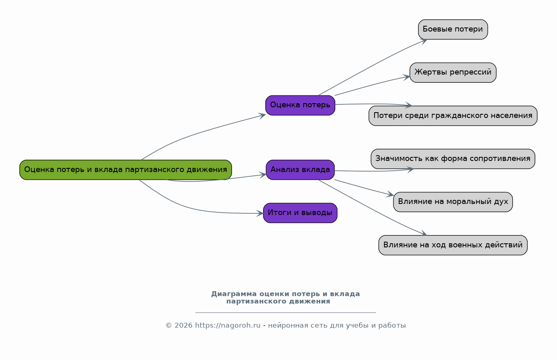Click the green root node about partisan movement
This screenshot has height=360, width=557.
[125, 170]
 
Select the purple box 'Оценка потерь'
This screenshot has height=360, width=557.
[300, 105]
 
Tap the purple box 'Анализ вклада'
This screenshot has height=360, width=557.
[300, 170]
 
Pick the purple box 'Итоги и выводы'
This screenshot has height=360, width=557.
[300, 213]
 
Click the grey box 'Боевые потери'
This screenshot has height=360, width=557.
[453, 29]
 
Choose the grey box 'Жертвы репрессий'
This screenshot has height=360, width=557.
[453, 72]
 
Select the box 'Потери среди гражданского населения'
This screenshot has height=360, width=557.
[453, 116]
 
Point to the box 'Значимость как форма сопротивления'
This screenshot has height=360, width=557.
[453, 159]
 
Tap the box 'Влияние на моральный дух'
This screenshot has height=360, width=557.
[453, 202]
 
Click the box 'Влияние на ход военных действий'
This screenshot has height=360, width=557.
[453, 245]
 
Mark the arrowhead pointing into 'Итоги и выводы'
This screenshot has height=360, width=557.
[260, 213]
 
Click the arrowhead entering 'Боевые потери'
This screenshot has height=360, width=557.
[424, 40]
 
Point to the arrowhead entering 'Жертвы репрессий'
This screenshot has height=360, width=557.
[407, 76]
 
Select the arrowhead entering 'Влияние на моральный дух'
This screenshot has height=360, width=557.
[390, 195]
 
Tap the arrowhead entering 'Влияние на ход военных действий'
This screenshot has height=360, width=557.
[424, 234]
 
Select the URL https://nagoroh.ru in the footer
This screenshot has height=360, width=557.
[227, 326]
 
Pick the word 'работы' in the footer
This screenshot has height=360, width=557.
[392, 326]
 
